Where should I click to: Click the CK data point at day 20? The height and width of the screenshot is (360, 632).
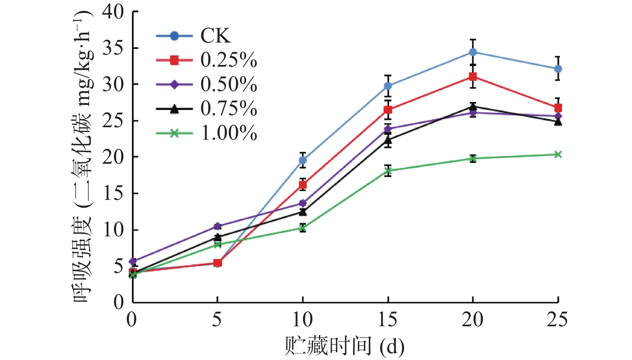click(473, 52)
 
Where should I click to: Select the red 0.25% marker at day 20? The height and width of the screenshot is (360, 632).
click(473, 77)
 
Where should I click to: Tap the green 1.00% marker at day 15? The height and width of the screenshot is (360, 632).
click(388, 171)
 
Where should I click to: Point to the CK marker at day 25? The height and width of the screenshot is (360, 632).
click(558, 69)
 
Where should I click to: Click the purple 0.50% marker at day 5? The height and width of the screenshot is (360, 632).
click(217, 226)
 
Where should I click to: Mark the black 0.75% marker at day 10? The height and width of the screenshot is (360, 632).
click(303, 212)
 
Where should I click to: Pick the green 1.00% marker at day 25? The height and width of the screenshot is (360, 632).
click(558, 155)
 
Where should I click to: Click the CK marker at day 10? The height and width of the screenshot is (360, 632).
click(303, 161)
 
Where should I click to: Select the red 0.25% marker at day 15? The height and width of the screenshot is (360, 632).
click(388, 110)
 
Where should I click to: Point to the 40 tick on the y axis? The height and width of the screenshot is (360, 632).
click(113, 12)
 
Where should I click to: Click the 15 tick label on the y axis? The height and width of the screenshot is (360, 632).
click(113, 193)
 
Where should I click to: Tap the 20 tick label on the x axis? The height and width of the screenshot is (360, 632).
click(472, 320)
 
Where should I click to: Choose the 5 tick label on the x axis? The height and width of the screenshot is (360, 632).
click(217, 320)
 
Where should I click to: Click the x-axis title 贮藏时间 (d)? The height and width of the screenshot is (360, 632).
click(344, 346)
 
